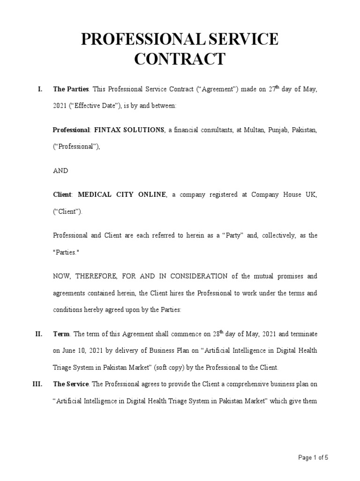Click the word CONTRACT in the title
pos(180,59)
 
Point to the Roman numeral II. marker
pos(39,334)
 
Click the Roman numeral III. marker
pos(37,384)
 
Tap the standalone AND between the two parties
pos(60,171)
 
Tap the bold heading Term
pos(61,334)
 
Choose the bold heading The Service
pos(71,384)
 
